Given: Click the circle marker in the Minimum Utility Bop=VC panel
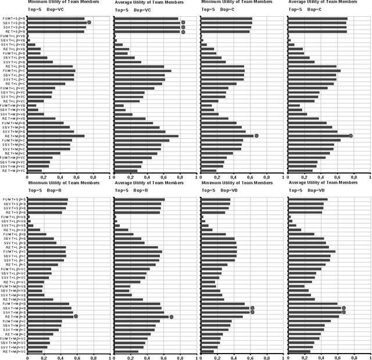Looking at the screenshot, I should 89,23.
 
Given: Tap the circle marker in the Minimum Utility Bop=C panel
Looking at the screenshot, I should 256,136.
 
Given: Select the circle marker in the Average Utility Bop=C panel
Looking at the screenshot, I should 351,136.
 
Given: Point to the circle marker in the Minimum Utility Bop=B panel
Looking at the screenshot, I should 76,316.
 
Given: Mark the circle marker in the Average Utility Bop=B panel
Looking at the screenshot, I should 171,316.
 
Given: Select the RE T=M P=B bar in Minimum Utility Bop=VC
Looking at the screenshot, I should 56,136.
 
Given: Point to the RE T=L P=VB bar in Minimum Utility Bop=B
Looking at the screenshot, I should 34,230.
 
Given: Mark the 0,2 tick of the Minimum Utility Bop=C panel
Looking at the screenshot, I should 216,178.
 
